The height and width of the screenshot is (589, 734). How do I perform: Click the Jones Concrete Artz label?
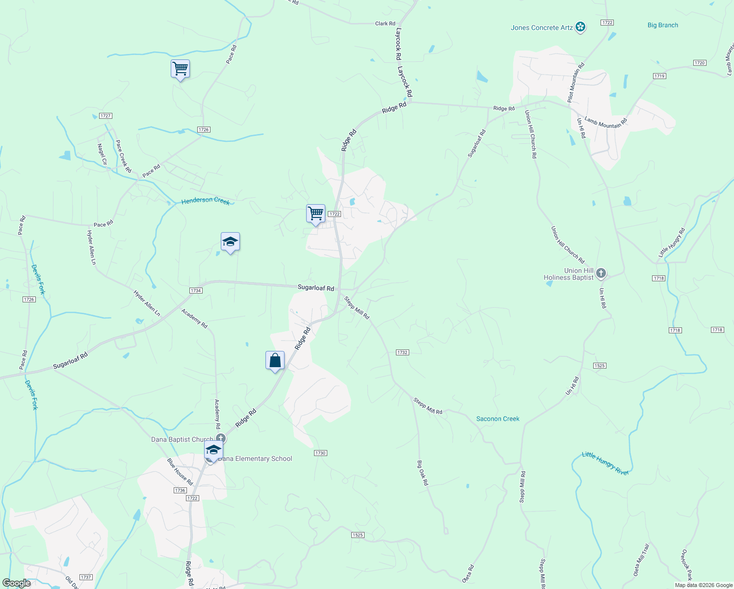(542, 27)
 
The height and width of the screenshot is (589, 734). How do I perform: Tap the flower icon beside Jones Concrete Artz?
(580, 27)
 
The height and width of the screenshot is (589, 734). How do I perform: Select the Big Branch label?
(662, 25)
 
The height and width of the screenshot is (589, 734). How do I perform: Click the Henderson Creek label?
(206, 201)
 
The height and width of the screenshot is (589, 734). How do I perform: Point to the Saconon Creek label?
(498, 419)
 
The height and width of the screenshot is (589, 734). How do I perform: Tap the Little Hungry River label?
(605, 463)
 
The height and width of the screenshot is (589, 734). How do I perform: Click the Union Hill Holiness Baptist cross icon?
(601, 273)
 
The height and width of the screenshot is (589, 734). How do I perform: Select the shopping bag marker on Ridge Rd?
(275, 361)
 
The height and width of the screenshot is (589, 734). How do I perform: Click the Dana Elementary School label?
(255, 458)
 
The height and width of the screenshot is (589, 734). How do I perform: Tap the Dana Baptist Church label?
(182, 439)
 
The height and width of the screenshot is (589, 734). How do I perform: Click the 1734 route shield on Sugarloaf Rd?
(196, 291)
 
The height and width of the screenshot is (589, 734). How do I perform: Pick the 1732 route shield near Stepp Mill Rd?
(402, 352)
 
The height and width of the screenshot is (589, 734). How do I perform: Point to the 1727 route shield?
(105, 116)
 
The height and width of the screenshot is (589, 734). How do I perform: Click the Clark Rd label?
(385, 24)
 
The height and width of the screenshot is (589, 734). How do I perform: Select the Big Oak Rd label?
(422, 473)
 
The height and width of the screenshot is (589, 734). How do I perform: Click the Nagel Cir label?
(102, 154)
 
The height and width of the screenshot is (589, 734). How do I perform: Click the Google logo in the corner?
(16, 583)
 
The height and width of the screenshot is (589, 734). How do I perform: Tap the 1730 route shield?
(320, 453)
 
